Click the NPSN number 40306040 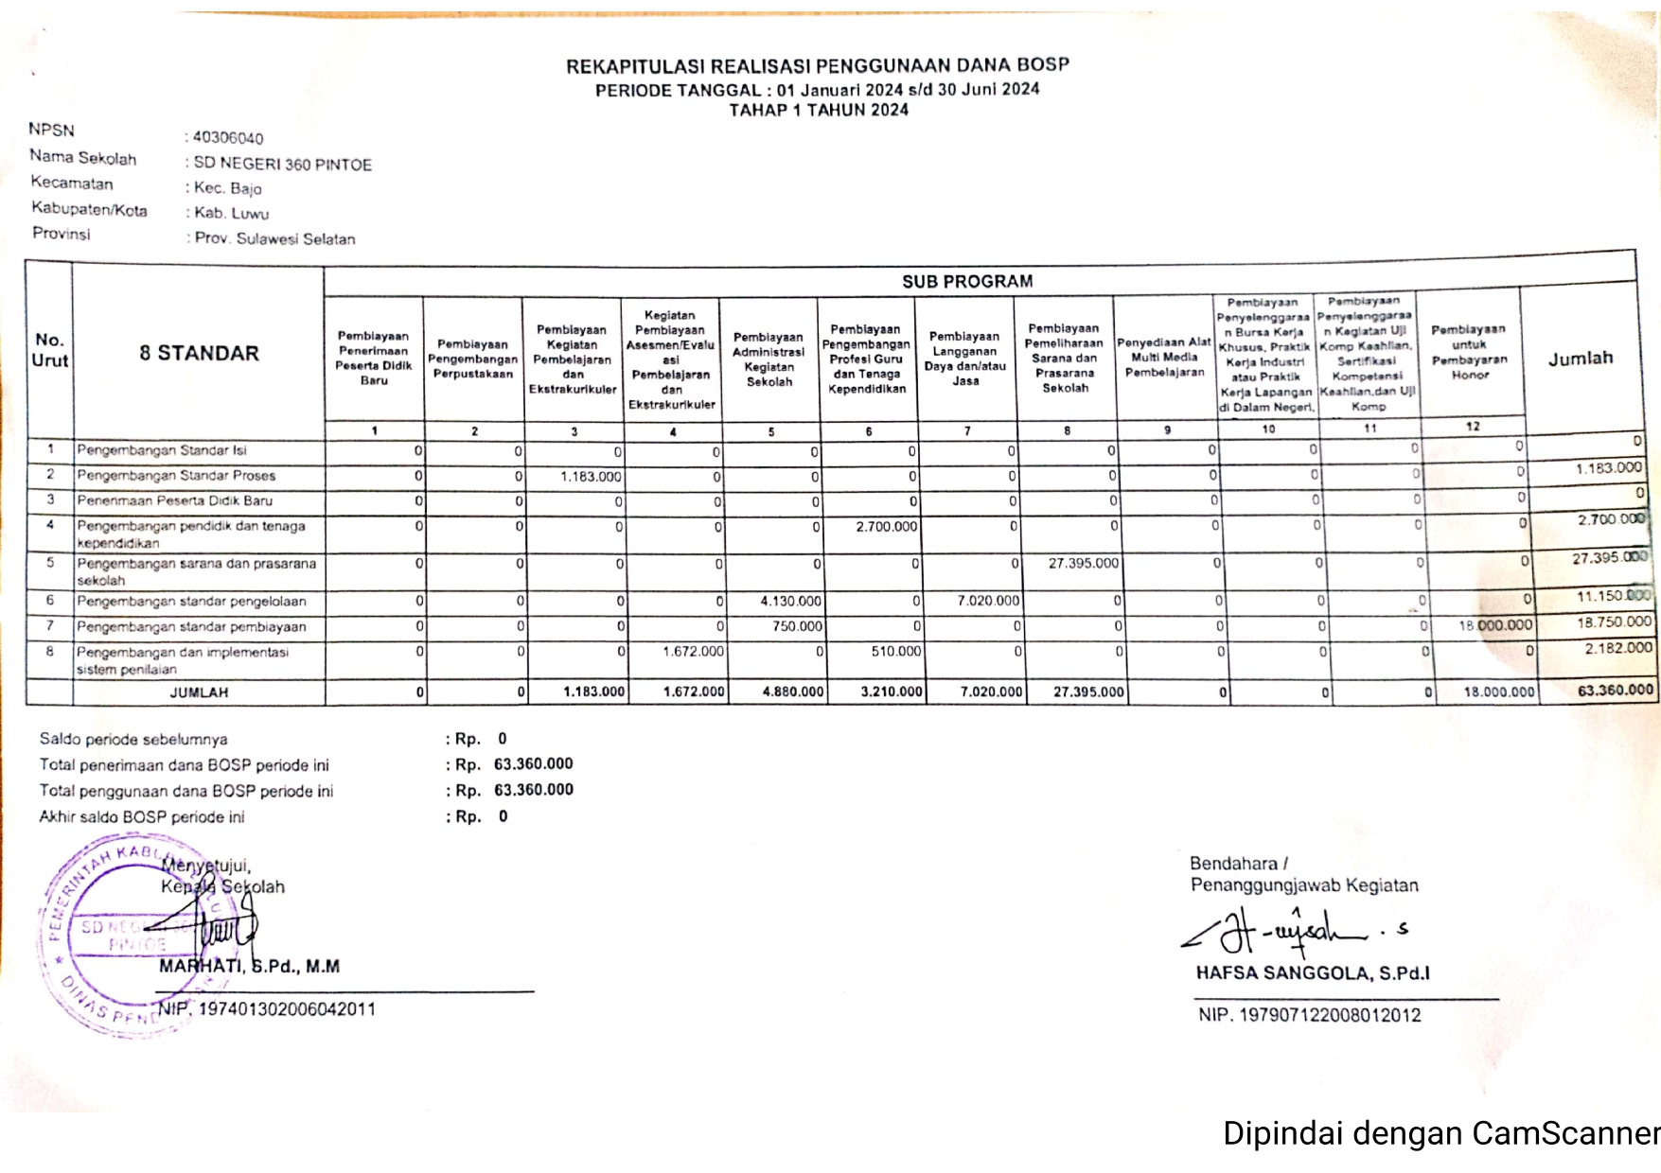pos(228,138)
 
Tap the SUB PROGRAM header pos(966,282)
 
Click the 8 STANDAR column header pos(199,354)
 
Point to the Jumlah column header pos(1580,359)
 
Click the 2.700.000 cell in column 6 pos(886,527)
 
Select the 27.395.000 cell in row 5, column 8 pos(1083,564)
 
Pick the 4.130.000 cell pos(790,602)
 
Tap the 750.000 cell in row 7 pos(797,626)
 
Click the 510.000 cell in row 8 pos(895,652)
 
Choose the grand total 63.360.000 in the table pos(1615,691)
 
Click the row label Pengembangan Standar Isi pos(162,450)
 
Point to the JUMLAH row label pos(199,692)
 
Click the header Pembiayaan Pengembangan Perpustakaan pos(472,359)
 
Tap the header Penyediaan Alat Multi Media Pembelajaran pos(1164,358)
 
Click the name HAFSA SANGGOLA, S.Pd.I pos(1313,973)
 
